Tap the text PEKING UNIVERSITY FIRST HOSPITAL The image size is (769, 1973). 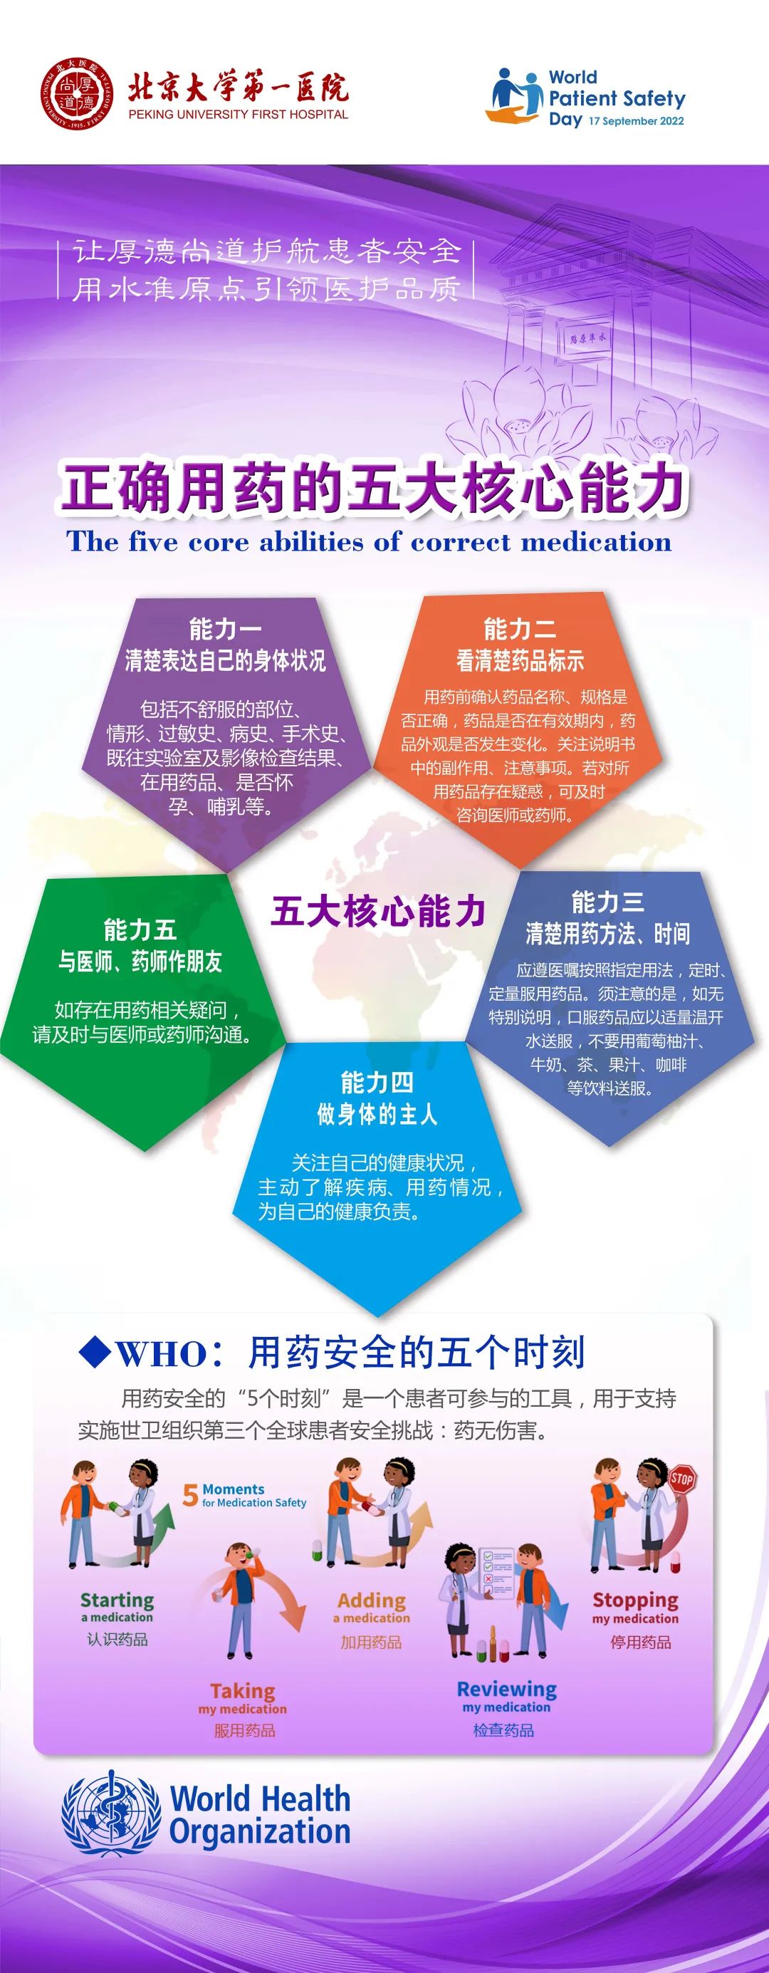239,114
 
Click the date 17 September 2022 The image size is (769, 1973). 637,121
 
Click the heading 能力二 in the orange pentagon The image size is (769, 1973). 519,630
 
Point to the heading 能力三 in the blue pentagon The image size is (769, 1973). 607,902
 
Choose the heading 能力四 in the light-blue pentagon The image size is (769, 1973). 377,1083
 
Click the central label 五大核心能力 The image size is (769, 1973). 378,912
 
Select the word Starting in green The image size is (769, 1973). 117,1600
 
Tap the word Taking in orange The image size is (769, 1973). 243,1690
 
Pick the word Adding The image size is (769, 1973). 372,1600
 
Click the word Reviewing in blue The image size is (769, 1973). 506,1689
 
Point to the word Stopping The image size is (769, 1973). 635,1600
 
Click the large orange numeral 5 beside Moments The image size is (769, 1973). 191,1495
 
